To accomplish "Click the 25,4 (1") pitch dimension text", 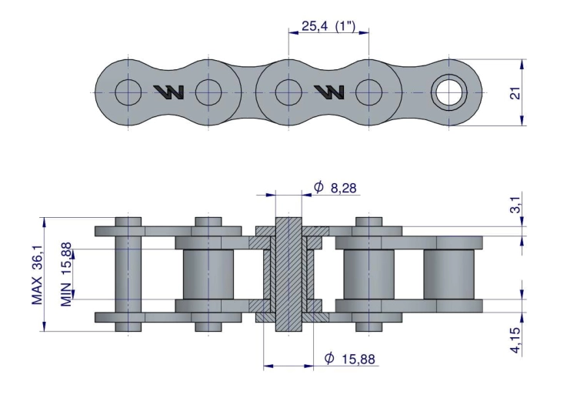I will [x=329, y=26].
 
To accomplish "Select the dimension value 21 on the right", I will [x=516, y=92].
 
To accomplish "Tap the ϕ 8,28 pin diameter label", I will [x=336, y=187].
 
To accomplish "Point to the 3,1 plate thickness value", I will [x=516, y=206].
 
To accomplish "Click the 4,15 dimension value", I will [x=516, y=339].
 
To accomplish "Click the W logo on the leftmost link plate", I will [x=168, y=92].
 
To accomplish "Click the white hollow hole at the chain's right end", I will [x=449, y=92].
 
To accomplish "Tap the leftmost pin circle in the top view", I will [x=128, y=92].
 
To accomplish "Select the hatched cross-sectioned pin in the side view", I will [x=288, y=274].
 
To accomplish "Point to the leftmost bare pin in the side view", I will [x=128, y=274].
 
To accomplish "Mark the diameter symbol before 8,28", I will [x=319, y=187].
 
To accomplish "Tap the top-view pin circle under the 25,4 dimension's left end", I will [x=288, y=92].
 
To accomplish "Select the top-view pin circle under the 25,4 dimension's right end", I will [x=369, y=92].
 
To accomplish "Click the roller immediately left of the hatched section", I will [x=208, y=274].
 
